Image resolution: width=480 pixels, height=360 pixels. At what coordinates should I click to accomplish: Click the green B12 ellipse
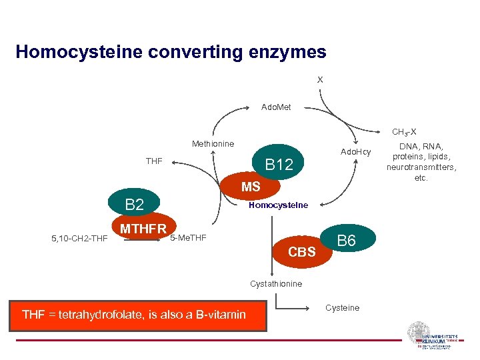pos(279,163)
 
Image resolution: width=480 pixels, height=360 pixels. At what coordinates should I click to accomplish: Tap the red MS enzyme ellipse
pos(251,187)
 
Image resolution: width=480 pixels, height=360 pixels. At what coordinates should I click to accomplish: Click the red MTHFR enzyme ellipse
pos(143,229)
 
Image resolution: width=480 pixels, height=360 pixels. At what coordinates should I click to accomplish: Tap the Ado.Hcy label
pos(355,153)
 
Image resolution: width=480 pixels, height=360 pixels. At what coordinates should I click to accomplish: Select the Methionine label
pos(213,144)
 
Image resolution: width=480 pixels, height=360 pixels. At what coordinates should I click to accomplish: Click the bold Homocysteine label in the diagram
pos(278,205)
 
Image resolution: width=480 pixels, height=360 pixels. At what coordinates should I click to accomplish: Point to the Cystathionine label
pos(276,284)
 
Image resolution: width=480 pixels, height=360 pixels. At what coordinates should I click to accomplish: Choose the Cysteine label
pos(342,308)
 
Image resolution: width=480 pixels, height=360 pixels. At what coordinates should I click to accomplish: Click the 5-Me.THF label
pos(189,238)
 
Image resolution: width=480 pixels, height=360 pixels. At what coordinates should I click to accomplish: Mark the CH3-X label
pos(404,132)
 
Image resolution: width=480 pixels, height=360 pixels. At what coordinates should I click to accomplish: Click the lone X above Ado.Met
pos(320,79)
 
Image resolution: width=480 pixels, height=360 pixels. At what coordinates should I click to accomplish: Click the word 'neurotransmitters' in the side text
pos(421,167)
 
